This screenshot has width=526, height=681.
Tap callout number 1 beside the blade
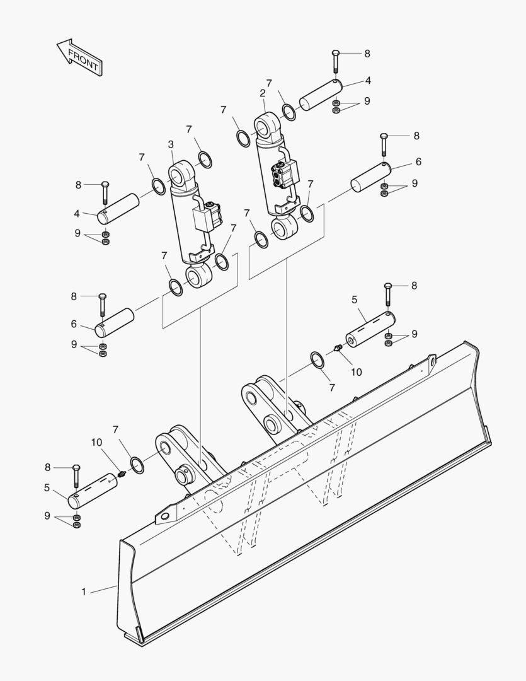(x=83, y=591)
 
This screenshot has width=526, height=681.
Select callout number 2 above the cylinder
(x=262, y=93)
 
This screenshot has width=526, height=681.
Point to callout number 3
(x=171, y=144)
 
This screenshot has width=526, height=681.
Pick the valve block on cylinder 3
(x=210, y=216)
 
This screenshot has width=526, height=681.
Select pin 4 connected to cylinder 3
(x=119, y=208)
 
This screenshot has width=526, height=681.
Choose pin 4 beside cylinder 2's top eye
(x=319, y=94)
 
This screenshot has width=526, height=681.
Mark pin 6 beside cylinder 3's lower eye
(x=115, y=322)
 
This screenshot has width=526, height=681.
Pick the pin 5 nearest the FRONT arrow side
(x=93, y=491)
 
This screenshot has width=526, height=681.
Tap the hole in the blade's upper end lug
(x=433, y=361)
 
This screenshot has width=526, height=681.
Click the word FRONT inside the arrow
(x=83, y=58)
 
